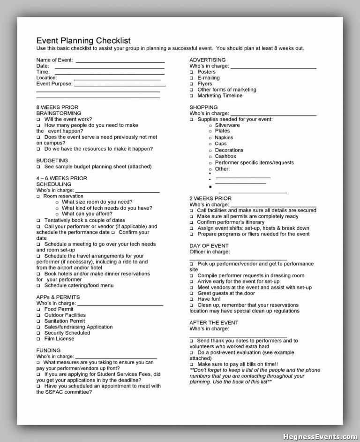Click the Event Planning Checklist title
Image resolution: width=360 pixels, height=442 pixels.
pos(83,40)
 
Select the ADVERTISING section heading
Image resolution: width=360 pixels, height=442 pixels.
pos(207,60)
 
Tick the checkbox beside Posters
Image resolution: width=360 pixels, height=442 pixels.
pos(192,72)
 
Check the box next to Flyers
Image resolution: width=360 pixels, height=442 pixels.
pos(192,84)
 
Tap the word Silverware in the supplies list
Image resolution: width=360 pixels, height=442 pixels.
pos(227,125)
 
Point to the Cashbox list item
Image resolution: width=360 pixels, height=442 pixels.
pos(225,156)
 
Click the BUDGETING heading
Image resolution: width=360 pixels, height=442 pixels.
pos(52,160)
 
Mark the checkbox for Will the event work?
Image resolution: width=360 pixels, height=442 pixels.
pos(38,120)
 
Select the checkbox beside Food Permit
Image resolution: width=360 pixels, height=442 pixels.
pos(38,310)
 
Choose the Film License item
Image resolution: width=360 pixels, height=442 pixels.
pos(59,339)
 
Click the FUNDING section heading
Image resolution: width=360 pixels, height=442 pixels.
pos(48,351)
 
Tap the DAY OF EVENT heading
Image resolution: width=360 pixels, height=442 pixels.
pos(209,246)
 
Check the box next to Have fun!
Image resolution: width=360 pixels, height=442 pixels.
pos(192,299)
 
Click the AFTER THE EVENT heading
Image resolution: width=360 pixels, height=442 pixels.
pos(214,323)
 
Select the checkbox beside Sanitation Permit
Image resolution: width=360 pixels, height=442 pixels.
pos(38,321)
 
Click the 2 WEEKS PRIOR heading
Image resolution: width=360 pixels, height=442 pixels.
pos(210,198)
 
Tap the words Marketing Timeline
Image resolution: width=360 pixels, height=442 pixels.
pos(220,96)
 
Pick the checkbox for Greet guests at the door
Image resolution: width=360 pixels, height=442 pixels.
pos(192,294)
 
